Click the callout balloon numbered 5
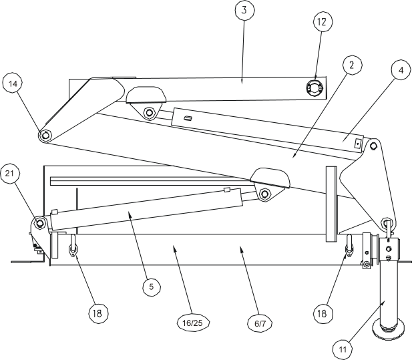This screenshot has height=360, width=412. coord(152,286)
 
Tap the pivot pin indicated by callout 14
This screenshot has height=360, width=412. coord(45,135)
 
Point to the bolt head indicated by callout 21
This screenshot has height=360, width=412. coord(39,222)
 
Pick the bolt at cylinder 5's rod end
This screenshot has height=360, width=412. coord(265,194)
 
